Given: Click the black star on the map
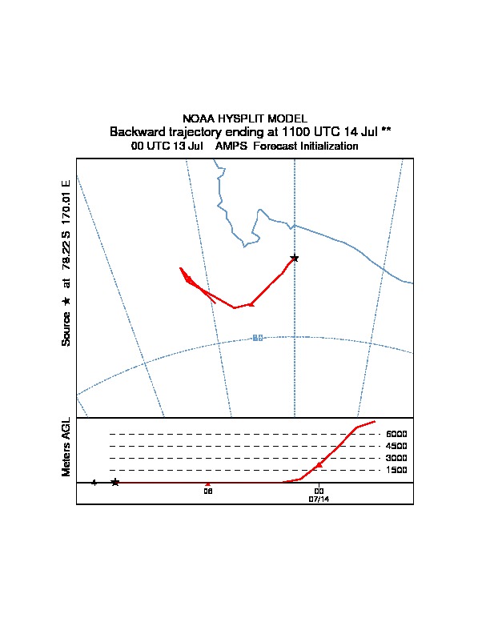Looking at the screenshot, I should (295, 258).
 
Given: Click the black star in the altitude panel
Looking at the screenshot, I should (115, 482).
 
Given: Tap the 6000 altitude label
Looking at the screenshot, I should (396, 434).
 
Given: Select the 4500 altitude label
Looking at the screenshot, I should (396, 446).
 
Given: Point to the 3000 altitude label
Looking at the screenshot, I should (396, 458).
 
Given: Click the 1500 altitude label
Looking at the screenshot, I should (396, 470).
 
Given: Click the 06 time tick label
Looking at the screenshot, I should (207, 491).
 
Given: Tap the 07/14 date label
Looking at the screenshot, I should (319, 499).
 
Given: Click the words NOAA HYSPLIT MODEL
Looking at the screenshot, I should (245, 118).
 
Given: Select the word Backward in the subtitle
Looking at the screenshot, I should (135, 131).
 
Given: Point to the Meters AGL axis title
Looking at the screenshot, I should (66, 447).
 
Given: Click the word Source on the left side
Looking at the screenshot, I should (66, 329).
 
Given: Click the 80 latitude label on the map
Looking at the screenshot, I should (258, 338).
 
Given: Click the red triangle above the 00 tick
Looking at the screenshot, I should (319, 464).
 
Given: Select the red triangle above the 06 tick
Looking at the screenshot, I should (208, 484).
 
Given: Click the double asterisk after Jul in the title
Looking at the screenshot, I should (387, 130).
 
